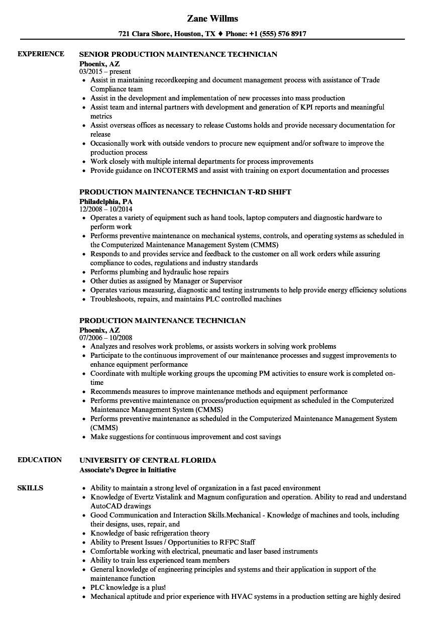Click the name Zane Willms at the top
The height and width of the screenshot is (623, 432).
pos(212,19)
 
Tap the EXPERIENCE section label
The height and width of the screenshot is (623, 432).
pos(41,54)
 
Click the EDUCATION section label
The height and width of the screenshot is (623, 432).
pos(40,460)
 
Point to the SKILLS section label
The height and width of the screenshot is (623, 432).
pos(30,488)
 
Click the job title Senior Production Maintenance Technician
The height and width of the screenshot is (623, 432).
pos(178,54)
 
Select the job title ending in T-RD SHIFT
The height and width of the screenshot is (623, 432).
pos(185,192)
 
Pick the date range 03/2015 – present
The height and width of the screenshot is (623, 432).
pos(105,72)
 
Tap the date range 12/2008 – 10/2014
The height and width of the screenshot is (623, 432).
pos(106,209)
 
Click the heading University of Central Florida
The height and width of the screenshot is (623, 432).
pos(148,460)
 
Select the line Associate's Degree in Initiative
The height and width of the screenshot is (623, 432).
pos(128,470)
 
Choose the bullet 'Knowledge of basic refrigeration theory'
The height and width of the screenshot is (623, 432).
pos(150,533)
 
